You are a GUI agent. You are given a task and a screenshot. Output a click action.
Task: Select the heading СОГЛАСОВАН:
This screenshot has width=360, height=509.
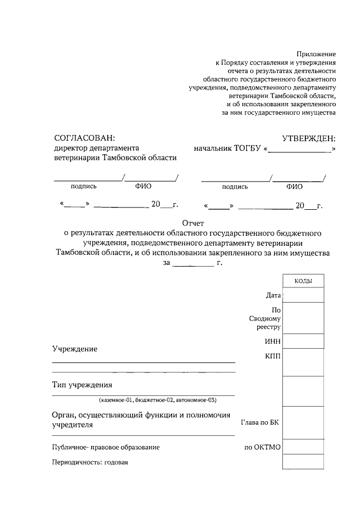tap(84, 138)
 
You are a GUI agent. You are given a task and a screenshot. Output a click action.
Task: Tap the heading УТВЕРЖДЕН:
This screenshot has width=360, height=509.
tap(308, 138)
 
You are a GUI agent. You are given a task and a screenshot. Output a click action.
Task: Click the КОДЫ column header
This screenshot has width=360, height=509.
tap(303, 281)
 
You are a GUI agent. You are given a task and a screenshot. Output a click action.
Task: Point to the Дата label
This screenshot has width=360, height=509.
tap(273, 295)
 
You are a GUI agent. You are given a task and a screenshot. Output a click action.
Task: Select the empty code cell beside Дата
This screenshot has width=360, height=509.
tap(303, 295)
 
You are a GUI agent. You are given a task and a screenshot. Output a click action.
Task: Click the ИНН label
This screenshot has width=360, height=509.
tap(273, 341)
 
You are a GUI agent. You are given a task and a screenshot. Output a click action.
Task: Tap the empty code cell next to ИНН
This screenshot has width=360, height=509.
tap(303, 341)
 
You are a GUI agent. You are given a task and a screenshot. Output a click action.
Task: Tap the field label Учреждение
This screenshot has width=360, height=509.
tap(75, 349)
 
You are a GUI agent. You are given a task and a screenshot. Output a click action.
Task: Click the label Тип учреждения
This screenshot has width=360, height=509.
tap(83, 385)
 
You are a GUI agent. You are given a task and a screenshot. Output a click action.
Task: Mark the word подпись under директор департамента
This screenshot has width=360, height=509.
tap(84, 187)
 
